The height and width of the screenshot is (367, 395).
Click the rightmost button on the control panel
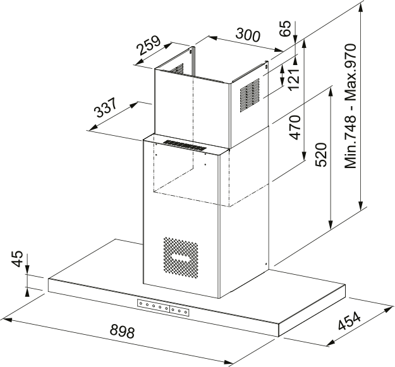pyautogui.click(x=187, y=311)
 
